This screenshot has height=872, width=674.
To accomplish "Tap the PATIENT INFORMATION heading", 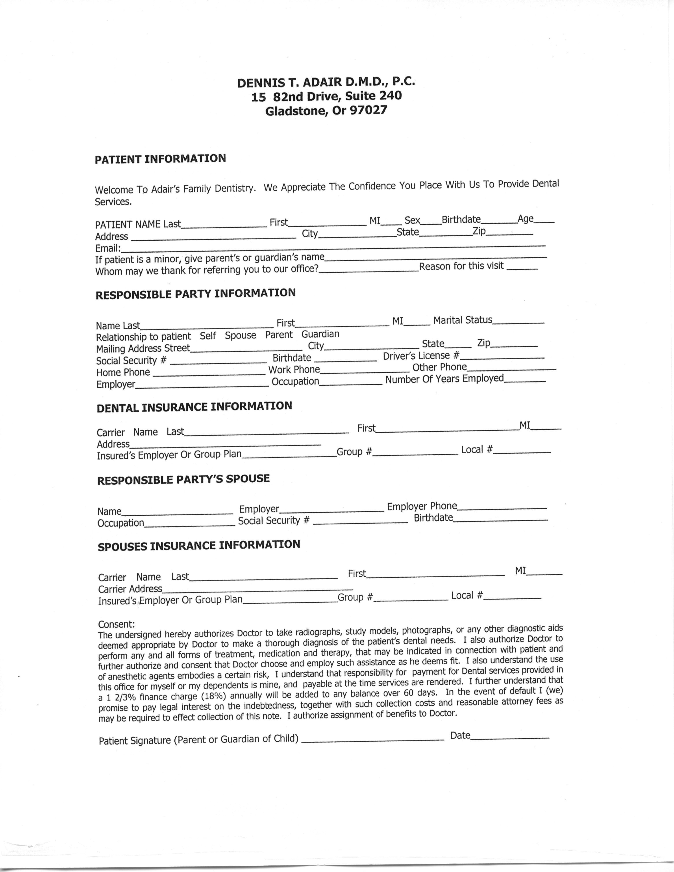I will [160, 159].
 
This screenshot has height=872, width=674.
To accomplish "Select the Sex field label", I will [412, 220].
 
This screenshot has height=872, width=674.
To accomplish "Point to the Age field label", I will [526, 219].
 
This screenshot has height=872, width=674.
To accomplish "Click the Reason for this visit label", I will [461, 266].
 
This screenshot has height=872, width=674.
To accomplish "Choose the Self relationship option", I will [208, 336].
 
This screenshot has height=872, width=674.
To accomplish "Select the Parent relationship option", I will [279, 334].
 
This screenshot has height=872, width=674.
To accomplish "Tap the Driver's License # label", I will [421, 356].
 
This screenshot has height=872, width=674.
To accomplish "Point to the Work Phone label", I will [294, 370].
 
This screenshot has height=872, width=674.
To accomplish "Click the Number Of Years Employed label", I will [444, 379].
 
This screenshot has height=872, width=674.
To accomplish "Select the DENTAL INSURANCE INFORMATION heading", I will [194, 407].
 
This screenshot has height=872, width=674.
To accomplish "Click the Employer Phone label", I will [422, 506].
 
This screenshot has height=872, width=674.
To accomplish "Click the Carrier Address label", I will [130, 589].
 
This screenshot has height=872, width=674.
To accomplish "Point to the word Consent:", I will [116, 624].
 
